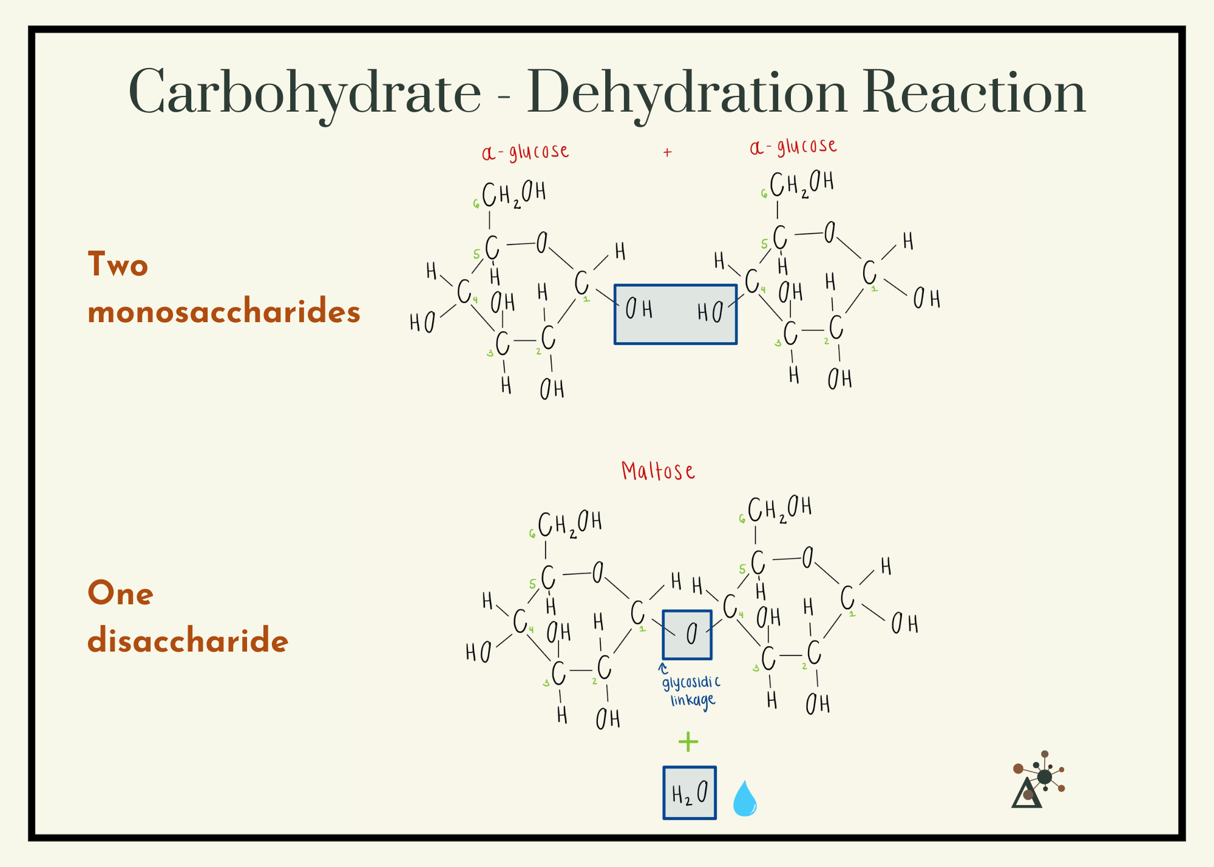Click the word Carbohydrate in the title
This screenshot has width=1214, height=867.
[305, 93]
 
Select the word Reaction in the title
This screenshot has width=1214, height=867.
[974, 93]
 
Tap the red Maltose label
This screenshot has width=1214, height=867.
[658, 471]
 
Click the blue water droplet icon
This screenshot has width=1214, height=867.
[744, 799]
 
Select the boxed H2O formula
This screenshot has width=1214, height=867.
[689, 793]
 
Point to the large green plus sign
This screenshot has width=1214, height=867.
[688, 741]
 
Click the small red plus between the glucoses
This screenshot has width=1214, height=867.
[667, 152]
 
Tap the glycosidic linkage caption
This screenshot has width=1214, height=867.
[691, 691]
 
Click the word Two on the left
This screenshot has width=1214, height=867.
[118, 265]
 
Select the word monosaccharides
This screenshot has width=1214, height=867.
[224, 312]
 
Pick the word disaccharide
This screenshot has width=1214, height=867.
[188, 641]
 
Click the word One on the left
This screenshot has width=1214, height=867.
[120, 593]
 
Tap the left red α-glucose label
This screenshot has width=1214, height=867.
[525, 152]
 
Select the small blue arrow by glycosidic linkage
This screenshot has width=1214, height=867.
[663, 669]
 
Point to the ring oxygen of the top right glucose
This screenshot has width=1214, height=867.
[829, 232]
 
